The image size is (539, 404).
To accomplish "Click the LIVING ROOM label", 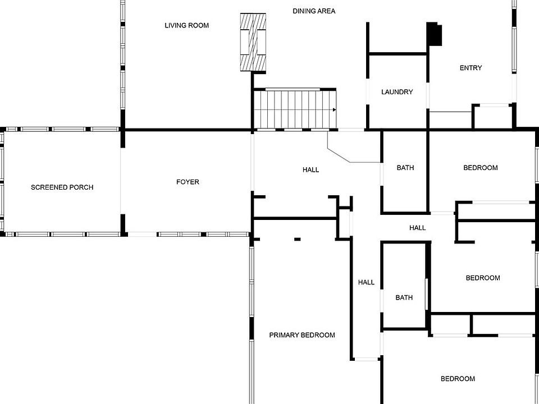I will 186,25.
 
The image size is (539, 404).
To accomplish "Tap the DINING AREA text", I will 314,11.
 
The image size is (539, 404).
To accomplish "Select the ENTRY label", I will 471,68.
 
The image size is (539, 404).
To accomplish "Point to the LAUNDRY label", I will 397,92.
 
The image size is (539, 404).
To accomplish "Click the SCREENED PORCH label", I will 62,187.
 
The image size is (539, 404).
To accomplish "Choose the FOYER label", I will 188,182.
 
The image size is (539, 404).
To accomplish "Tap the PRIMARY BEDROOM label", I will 302,335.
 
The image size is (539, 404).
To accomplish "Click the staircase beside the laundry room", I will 294,109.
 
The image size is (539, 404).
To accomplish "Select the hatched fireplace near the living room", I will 253,43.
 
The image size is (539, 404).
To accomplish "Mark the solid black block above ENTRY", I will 434,34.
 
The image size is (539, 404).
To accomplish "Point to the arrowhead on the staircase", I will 335,109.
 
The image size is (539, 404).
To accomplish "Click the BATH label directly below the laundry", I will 405,168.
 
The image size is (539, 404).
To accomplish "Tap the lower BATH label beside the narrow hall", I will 404,297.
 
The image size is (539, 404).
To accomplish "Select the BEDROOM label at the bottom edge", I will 457,379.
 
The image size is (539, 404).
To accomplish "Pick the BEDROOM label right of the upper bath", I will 480,168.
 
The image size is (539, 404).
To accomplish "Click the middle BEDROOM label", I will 482,278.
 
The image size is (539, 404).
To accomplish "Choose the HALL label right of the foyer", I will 310,169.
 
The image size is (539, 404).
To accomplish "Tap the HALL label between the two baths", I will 417,228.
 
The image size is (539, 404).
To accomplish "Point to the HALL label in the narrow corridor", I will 366,282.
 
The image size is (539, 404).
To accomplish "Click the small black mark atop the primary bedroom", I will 297,240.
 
